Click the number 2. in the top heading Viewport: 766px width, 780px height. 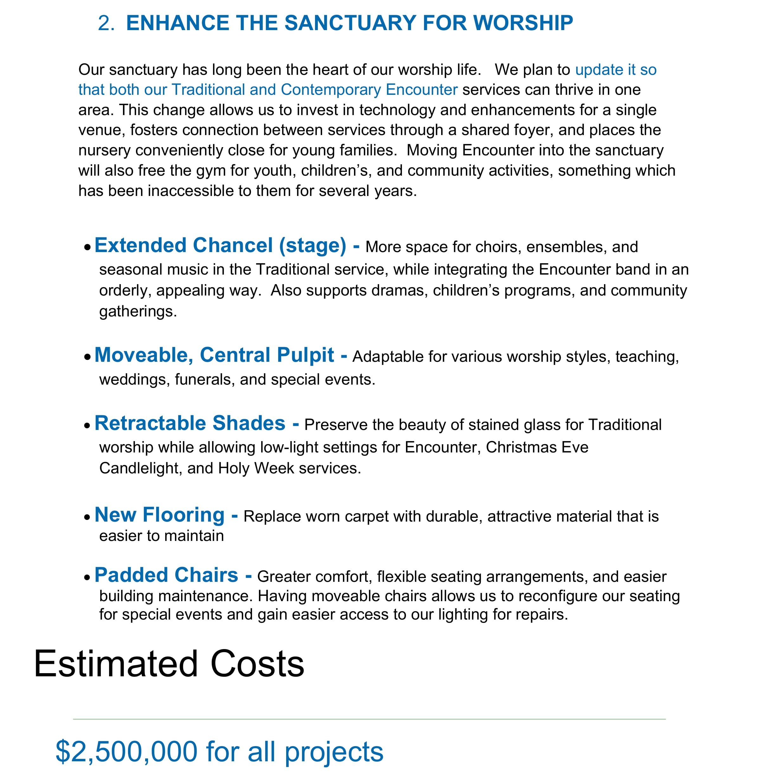(106, 23)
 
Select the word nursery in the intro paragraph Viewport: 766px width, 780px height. (104, 151)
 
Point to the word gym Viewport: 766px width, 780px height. (210, 171)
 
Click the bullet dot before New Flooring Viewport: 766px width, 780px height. (87, 517)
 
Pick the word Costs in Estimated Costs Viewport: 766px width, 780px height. (257, 665)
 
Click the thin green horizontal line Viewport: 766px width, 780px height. (369, 719)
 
